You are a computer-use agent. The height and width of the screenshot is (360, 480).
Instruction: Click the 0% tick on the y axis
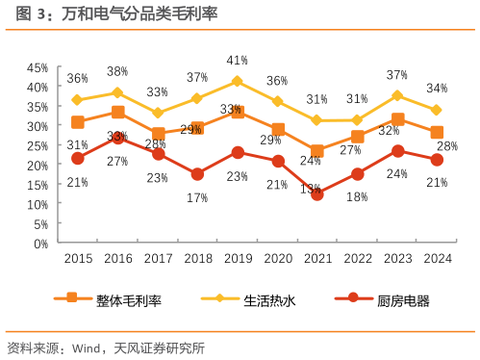[40, 244]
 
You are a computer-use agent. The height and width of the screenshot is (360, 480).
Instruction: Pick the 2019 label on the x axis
[238, 259]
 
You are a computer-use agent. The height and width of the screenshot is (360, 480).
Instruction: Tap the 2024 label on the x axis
[437, 259]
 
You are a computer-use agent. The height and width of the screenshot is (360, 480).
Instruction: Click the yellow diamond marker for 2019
[238, 82]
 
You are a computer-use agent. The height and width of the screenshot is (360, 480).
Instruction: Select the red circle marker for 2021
[316, 193]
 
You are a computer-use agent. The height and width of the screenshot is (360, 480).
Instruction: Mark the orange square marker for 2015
[78, 122]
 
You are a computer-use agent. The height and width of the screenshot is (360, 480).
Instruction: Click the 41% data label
[238, 61]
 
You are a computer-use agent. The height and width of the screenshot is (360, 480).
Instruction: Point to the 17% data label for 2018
[197, 197]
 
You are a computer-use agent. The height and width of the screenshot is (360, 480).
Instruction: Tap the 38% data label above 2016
[117, 71]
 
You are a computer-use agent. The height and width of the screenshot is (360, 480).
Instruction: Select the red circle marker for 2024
[437, 160]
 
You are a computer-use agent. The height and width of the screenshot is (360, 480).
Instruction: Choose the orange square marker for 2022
[357, 137]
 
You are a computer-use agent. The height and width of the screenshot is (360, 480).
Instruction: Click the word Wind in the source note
[88, 347]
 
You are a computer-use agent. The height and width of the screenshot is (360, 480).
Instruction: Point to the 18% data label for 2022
[357, 196]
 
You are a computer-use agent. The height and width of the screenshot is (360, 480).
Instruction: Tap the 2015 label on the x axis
[78, 259]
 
